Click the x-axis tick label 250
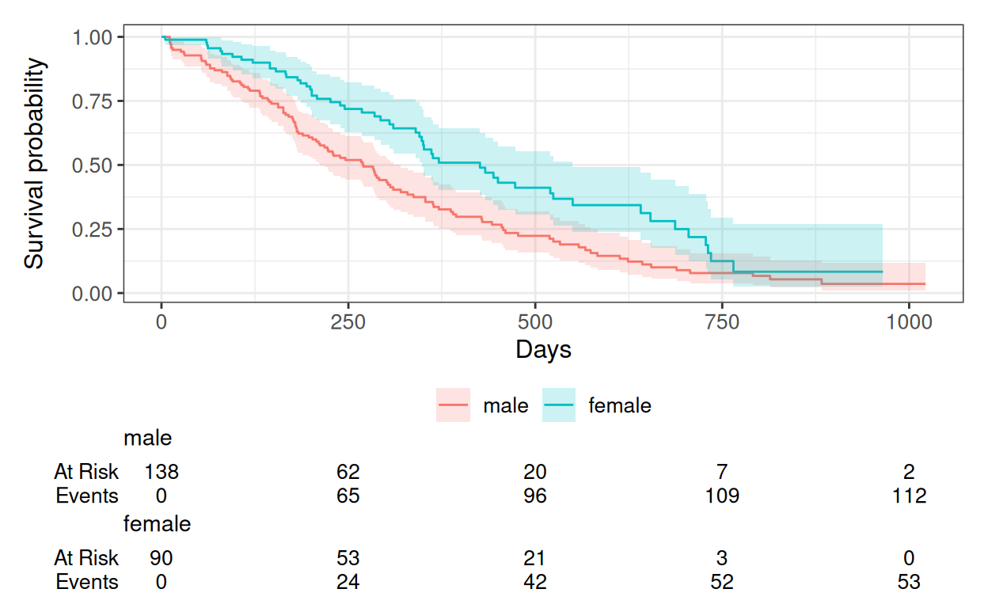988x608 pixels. pos(348,322)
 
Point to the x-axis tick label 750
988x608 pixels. pos(721,322)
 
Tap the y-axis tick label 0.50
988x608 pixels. pos(92,166)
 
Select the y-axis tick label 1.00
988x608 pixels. pos(92,37)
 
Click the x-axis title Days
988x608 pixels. pos(543,351)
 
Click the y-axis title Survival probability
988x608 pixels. pos(34,163)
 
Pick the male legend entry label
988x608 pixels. pos(505,405)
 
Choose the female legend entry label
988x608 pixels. pos(620,405)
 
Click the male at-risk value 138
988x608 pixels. pos(161,472)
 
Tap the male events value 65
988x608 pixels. pos(348,496)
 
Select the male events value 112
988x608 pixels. pos(909,496)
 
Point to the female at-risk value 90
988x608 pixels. pos(161,558)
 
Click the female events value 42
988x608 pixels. pos(535,582)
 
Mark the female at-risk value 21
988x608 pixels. pos(534,558)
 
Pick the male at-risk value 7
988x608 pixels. pos(722,472)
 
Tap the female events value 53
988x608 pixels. pos(909,582)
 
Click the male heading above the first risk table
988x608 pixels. pos(148,438)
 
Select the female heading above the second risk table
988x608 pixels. pos(157,524)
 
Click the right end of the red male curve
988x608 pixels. pos(925,283)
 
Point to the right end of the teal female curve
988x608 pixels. pos(883,272)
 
